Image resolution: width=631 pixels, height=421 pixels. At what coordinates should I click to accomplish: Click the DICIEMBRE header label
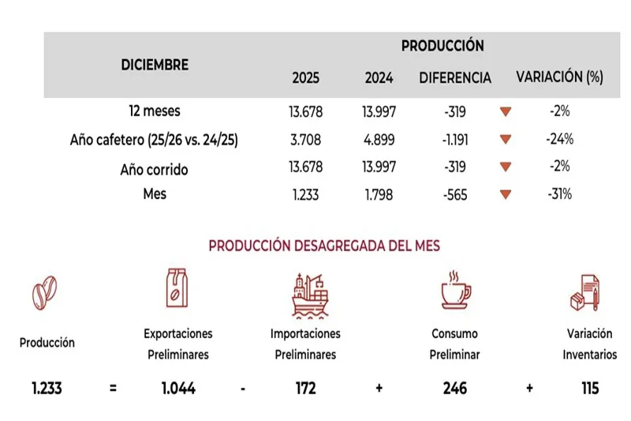tap(155, 65)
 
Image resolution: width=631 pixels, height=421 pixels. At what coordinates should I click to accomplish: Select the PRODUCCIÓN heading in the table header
tap(442, 46)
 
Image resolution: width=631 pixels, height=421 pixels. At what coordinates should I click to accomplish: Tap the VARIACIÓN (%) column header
tap(559, 77)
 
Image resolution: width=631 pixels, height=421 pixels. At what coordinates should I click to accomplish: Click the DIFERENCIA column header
tap(455, 78)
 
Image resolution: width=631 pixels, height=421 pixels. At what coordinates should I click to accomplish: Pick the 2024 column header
tap(379, 78)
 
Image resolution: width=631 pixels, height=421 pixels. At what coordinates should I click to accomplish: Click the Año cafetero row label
tap(155, 141)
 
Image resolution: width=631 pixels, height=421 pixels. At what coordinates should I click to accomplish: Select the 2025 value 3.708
tap(306, 141)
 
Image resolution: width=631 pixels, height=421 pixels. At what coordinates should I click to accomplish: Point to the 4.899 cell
tap(379, 141)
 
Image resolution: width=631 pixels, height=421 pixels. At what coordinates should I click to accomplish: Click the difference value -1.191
tap(455, 141)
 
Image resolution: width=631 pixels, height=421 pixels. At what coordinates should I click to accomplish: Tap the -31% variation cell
tap(559, 194)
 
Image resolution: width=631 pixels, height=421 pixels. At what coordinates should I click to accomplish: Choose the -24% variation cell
tap(559, 141)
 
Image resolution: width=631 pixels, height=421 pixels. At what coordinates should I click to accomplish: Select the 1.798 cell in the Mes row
tap(379, 194)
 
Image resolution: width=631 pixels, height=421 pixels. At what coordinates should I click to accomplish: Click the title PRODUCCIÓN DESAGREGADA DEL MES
tap(324, 246)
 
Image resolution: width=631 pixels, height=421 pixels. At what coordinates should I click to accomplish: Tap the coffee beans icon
tap(46, 293)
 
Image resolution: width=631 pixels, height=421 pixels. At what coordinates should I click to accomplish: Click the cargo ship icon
tap(308, 294)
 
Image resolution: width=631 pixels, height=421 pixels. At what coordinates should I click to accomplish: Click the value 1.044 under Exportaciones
tap(177, 388)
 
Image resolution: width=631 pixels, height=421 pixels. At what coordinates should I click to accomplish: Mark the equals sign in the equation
tap(113, 389)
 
